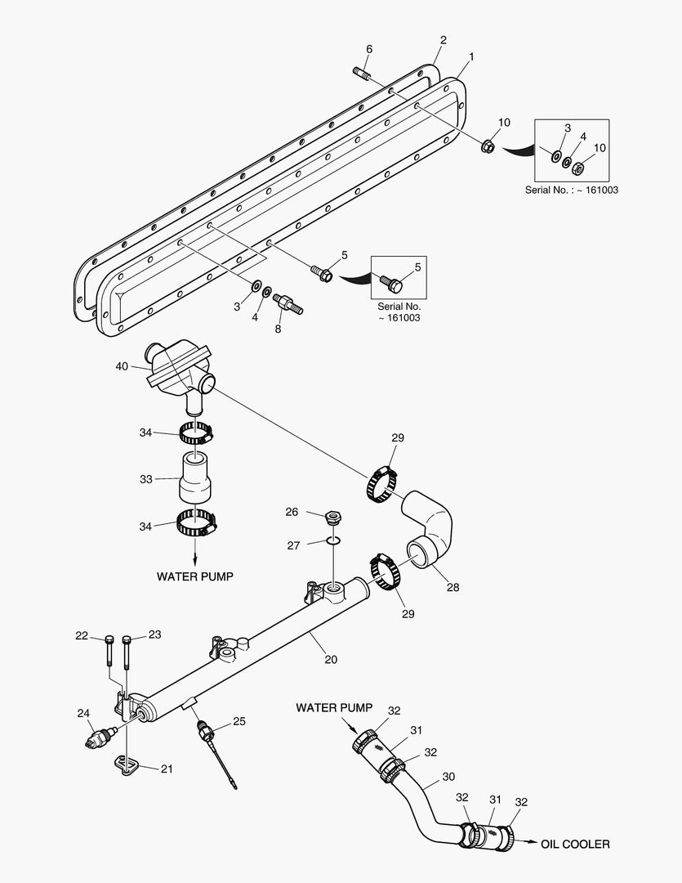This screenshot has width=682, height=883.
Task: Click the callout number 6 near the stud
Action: coord(368,49)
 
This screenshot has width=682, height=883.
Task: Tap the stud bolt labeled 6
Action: coord(363,76)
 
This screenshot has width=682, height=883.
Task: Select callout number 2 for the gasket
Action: coord(444,39)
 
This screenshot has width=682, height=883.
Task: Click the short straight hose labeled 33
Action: coord(196,478)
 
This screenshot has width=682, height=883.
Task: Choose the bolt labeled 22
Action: coord(109,651)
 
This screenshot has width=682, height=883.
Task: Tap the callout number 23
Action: coord(154,634)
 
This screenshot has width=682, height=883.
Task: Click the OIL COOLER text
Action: coord(575,844)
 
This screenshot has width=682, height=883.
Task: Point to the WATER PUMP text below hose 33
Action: coord(194,576)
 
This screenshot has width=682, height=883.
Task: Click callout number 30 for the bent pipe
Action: coord(448,777)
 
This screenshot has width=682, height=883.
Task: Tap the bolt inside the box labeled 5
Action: coord(392,284)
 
